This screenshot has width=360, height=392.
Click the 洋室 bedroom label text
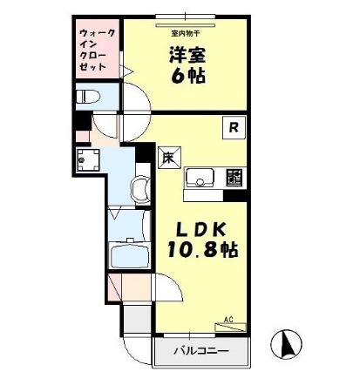point(186,53)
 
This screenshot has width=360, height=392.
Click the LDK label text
point(202,230)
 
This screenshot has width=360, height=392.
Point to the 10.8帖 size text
point(202,251)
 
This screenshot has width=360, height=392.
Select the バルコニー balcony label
point(200,352)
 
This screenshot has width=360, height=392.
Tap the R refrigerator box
point(234,127)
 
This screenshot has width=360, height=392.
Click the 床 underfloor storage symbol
point(168,157)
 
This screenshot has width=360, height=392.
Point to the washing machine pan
point(85,159)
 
